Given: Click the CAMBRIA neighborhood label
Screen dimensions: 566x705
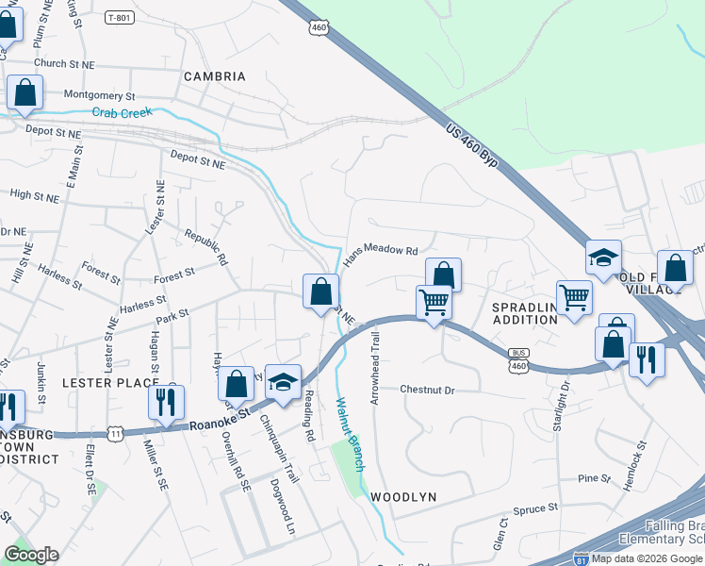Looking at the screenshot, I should click(x=214, y=75).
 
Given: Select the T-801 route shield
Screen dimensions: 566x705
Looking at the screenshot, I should click(x=120, y=18).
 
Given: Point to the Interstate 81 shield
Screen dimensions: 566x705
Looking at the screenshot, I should click(x=582, y=558).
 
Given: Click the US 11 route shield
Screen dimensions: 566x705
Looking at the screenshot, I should click(x=115, y=433).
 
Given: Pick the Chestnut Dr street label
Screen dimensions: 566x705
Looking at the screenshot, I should click(x=427, y=390).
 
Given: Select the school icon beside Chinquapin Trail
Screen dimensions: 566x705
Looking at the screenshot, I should click(x=282, y=382).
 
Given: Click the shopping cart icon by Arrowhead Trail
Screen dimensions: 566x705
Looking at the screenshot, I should click(x=433, y=303).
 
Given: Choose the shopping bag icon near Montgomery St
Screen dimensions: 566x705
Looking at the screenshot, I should click(x=25, y=92).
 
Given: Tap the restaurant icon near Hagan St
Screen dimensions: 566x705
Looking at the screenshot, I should click(x=166, y=402).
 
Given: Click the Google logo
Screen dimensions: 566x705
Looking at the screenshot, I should click(x=31, y=555).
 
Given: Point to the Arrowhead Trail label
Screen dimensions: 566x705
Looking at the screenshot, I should click(x=376, y=367).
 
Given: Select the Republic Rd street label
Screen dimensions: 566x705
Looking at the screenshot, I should click(x=206, y=247).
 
